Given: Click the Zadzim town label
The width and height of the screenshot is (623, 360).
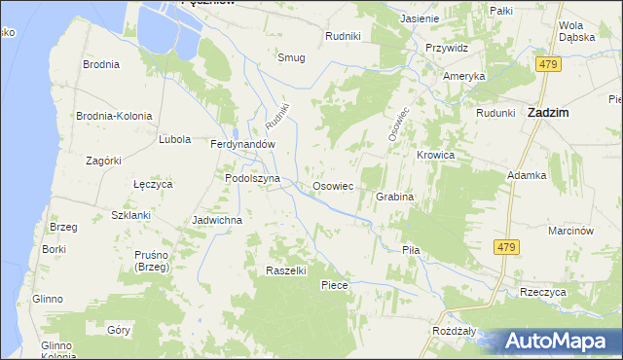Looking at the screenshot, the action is click(547, 112).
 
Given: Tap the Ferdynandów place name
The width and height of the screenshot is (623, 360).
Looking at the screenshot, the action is click(244, 143).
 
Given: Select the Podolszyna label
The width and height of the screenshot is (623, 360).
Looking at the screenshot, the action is click(252, 179).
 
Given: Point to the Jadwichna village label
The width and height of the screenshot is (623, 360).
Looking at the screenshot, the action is click(217, 220).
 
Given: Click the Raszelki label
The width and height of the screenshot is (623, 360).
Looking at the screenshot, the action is click(286, 270).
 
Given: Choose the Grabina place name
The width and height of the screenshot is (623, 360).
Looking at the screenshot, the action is click(395, 197).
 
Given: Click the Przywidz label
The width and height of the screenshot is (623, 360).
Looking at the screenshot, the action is click(447, 47).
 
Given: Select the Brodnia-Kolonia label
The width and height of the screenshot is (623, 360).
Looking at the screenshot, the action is click(115, 116).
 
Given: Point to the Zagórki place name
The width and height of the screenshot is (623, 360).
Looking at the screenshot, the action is click(102, 161).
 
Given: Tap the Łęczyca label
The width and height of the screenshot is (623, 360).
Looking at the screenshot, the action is click(152, 183).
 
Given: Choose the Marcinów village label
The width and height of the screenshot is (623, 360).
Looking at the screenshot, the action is click(570, 231).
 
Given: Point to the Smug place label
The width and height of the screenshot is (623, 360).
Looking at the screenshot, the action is click(291, 57).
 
